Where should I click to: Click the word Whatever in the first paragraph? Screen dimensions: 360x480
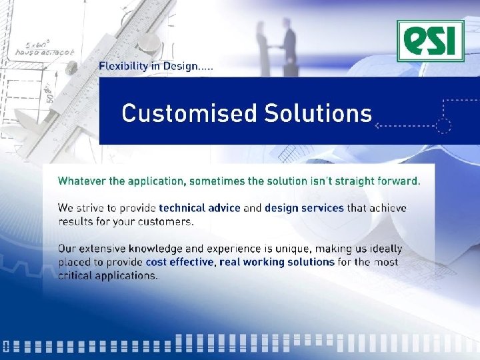coord(81,180)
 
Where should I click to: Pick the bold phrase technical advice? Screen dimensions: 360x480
coord(199,208)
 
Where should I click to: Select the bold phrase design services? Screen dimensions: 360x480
coord(304,208)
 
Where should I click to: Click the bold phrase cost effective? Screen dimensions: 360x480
coord(180,262)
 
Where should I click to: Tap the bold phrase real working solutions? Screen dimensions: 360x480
coord(277,262)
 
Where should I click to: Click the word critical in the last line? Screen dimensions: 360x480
coord(76,275)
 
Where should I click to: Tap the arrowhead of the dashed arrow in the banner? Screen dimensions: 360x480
coord(378,125)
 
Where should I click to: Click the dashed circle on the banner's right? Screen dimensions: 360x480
coord(443,125)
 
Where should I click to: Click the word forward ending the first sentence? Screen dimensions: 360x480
coord(397,180)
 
